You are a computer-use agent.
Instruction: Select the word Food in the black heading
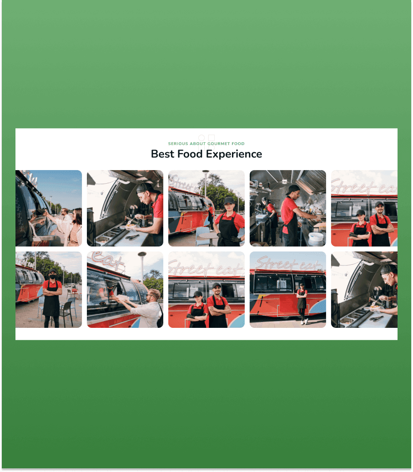pos(190,154)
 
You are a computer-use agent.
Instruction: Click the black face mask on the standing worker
pos(53,276)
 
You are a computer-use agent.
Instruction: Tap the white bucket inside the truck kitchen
pos(316,237)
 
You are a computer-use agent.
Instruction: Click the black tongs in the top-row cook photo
pos(132,237)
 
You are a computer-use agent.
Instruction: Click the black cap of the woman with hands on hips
pos(229,201)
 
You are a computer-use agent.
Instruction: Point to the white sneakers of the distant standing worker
pos(304,321)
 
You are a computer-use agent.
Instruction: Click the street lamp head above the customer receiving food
pos(142,254)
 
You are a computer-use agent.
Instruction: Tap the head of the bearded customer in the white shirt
pos(154,296)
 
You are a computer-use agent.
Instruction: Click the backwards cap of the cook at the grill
pos(292,189)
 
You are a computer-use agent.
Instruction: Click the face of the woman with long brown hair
pos(75,216)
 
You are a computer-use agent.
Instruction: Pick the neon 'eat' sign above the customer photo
pos(107,261)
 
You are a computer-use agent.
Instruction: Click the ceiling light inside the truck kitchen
pos(284,181)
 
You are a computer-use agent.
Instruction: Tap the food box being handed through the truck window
pos(122,298)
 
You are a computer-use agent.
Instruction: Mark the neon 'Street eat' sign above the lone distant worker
pos(287,264)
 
